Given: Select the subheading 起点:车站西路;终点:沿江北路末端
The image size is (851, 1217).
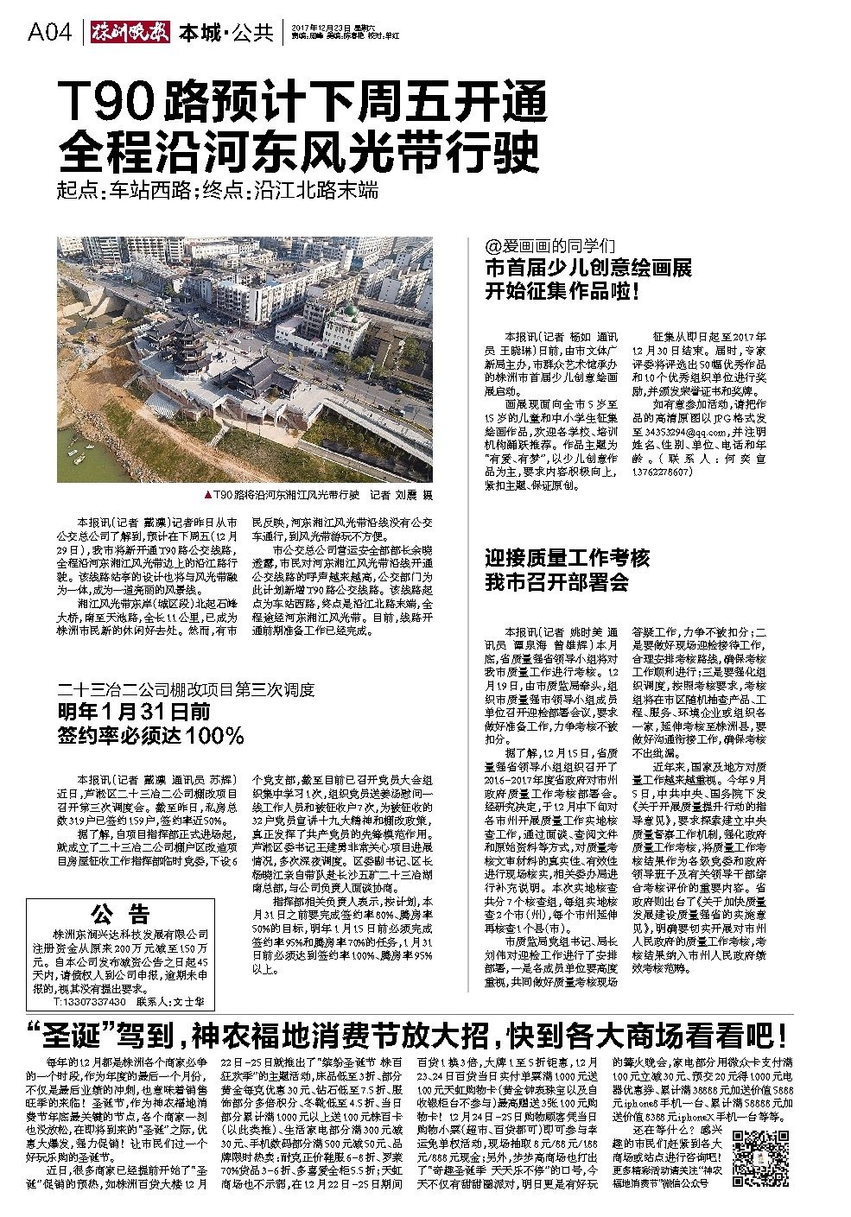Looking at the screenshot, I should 217,191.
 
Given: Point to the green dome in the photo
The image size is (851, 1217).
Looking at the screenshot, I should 348,313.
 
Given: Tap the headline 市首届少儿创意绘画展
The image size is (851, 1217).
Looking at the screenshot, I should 587,269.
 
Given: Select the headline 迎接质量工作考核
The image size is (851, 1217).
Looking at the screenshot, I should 567,558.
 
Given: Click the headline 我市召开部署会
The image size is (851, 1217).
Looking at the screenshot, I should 556,582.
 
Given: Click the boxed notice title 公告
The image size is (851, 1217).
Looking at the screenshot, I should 120,915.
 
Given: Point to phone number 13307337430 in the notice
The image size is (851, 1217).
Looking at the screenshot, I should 90,1002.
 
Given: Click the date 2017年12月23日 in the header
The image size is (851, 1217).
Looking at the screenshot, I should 318,28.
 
